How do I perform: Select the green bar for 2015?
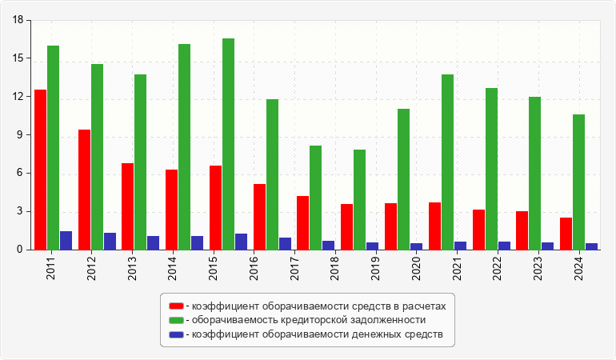click(229, 144)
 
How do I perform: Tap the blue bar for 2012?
click(110, 242)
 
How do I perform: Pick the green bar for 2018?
click(316, 198)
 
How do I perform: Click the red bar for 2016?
click(259, 217)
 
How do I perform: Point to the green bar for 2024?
click(578, 182)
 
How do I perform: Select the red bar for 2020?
click(390, 226)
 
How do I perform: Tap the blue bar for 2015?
click(241, 242)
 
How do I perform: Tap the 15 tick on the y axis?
click(19, 58)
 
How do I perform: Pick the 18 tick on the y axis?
click(19, 20)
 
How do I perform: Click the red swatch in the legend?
click(176, 306)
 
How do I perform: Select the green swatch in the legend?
click(176, 320)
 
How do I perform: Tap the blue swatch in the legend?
click(176, 334)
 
